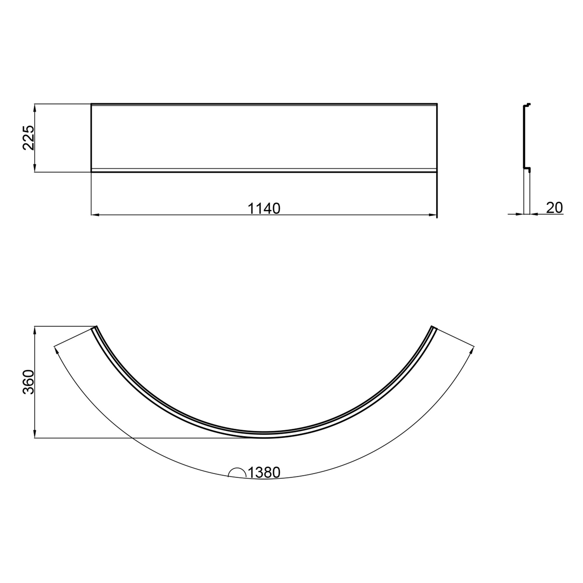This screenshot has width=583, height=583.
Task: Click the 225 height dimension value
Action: pos(29,138)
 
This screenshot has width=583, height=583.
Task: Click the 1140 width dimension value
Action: pos(264,208)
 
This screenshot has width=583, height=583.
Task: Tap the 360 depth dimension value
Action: pos(29,382)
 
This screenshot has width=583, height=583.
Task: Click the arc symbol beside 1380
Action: pos(237,473)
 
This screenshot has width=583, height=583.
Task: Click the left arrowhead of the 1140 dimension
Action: pos(95,215)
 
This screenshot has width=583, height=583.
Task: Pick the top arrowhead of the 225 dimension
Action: pos(35,108)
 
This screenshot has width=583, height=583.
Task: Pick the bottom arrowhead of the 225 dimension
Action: pos(35,168)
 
